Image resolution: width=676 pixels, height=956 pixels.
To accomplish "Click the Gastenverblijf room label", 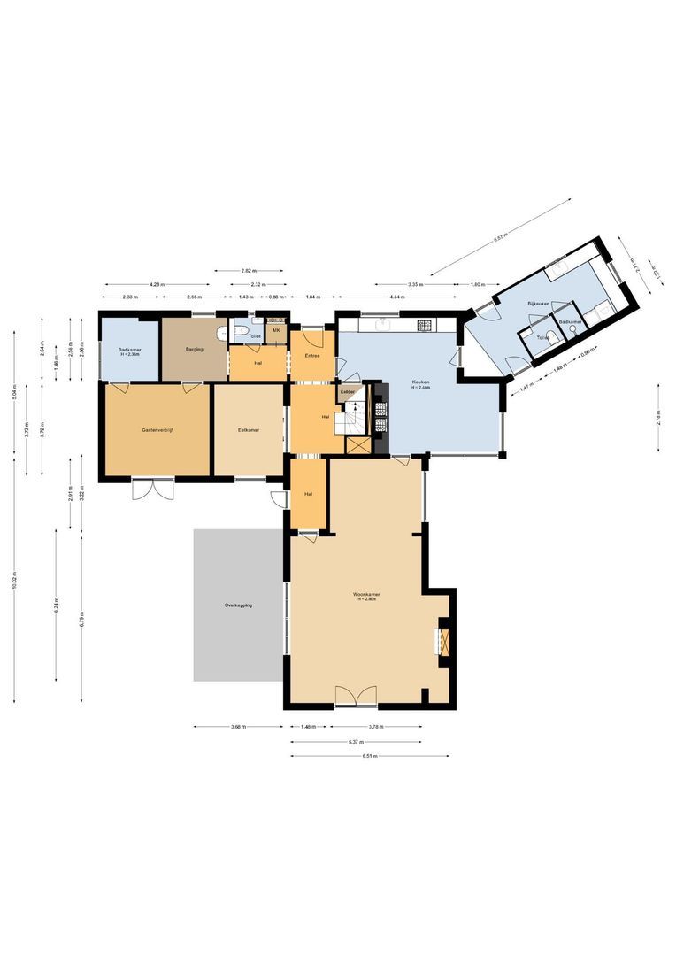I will click(156, 430).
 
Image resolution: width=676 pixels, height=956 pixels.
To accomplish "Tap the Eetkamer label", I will click(248, 430).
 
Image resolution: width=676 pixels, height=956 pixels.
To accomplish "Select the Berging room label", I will click(195, 350).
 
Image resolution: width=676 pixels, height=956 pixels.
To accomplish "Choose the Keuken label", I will click(420, 385).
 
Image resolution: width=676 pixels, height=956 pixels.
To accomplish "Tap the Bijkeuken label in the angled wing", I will click(539, 304).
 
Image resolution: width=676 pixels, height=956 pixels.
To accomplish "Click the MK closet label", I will click(276, 331).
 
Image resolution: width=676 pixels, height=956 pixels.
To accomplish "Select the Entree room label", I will click(311, 356).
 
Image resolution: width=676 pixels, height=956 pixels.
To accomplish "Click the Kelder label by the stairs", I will click(348, 390).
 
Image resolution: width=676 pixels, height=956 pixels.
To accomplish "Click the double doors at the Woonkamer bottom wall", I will click(356, 697).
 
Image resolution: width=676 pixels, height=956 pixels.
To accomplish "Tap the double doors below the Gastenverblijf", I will click(148, 489).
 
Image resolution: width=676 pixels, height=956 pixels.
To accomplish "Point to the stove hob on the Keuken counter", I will click(425, 324).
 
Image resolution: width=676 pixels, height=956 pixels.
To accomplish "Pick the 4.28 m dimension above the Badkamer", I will click(156, 284).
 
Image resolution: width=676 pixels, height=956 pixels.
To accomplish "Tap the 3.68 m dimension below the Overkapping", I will click(237, 728).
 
